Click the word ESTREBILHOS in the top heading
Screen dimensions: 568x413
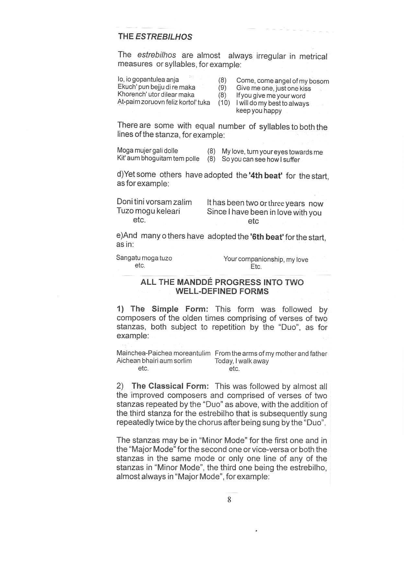[164, 37]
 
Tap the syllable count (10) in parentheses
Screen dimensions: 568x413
[224, 103]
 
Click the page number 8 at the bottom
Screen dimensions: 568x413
[229, 500]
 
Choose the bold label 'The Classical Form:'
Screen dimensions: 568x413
[170, 386]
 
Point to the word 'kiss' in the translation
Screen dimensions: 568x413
[305, 88]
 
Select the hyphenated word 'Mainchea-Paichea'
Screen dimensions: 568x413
[144, 353]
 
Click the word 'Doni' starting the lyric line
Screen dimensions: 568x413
[124, 202]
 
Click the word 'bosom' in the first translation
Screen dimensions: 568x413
[319, 81]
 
